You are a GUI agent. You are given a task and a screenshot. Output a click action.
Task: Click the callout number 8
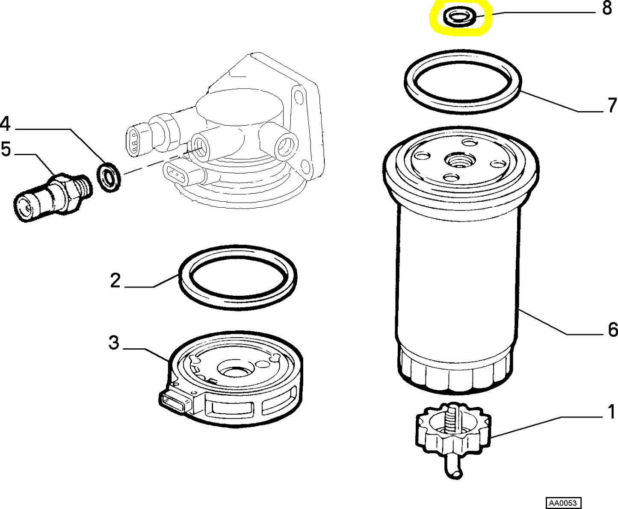607,8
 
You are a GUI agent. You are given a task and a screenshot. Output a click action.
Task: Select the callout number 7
612,105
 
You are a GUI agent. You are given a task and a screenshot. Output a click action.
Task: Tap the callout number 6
612,330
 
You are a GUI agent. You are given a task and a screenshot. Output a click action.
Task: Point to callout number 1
612,412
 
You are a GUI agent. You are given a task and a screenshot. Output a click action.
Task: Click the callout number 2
115,281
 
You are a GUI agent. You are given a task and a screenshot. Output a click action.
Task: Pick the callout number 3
114,343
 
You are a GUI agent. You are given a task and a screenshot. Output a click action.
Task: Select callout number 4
5,124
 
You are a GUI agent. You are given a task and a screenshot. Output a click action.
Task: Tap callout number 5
6,150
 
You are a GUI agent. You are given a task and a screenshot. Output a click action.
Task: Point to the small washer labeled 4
109,176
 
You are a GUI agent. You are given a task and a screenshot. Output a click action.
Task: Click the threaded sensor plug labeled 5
51,197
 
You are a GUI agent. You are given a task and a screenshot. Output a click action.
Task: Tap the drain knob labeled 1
453,432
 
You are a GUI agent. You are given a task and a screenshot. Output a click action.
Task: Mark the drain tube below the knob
453,468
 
